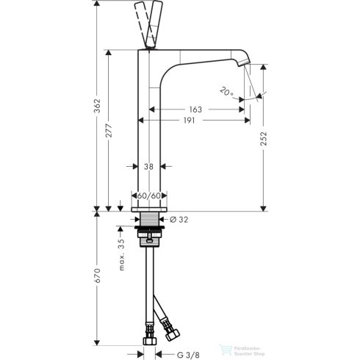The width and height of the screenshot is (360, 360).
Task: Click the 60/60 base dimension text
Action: click(x=149, y=195)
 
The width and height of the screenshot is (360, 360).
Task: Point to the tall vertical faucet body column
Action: click(x=150, y=132)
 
